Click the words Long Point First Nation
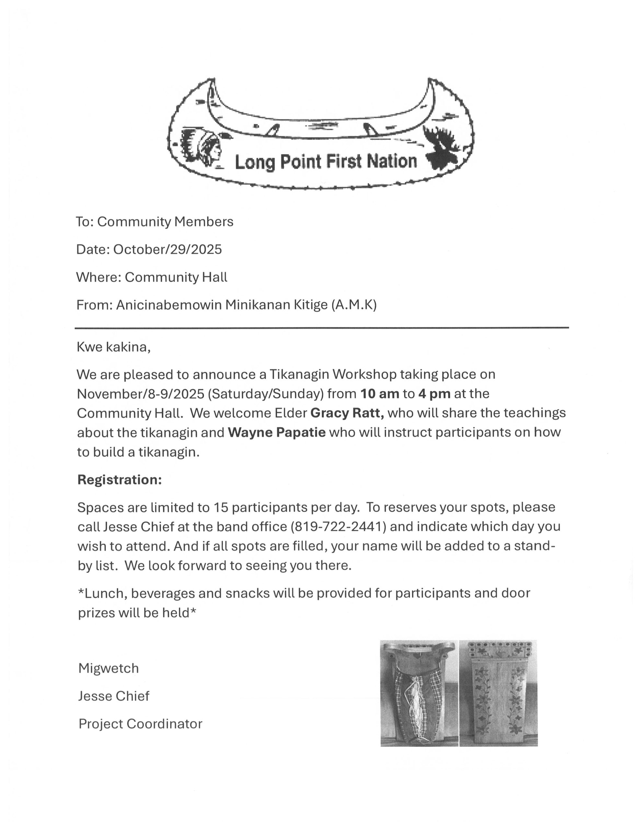326,162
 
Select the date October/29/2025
167,249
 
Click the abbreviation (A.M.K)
354,305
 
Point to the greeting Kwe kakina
113,347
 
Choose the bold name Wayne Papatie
276,433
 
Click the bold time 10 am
379,393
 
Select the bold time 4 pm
434,393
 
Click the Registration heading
120,480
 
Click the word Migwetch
109,669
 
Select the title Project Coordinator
140,724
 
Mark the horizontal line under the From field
322,327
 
